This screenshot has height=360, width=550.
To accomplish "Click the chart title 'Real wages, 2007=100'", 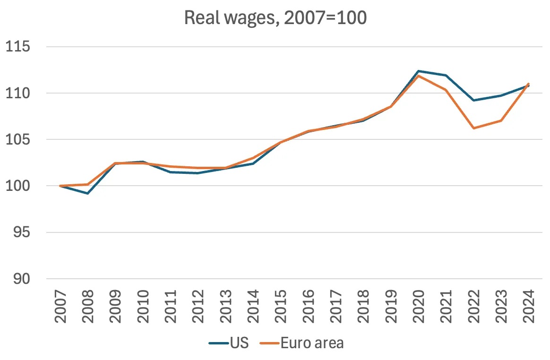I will pos(275,18).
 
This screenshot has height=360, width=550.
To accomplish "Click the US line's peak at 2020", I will pos(418,71).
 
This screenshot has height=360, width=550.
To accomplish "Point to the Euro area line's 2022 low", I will pos(473,128).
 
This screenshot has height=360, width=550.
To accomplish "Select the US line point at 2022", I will pos(473,100).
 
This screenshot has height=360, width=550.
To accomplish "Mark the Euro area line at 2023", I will pos(501,120).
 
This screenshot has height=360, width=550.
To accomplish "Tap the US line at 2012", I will pos(198,173).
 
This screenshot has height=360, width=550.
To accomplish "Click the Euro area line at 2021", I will pos(446,90).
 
